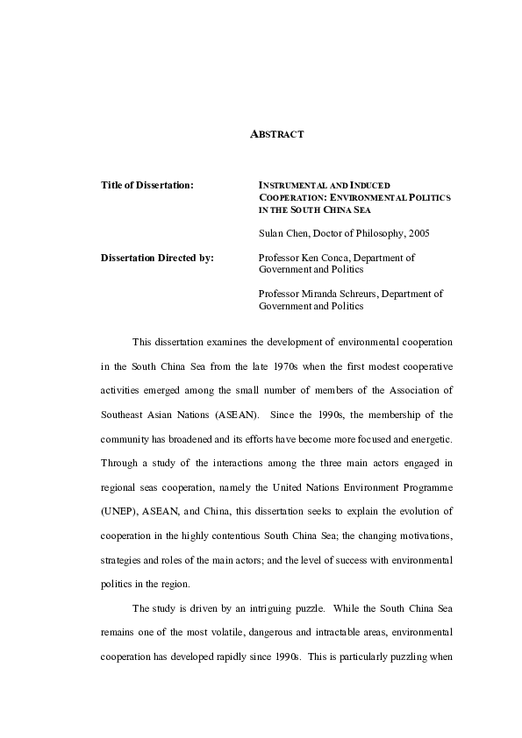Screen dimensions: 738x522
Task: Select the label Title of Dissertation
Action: click(147, 186)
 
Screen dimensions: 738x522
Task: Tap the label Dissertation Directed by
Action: click(157, 259)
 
